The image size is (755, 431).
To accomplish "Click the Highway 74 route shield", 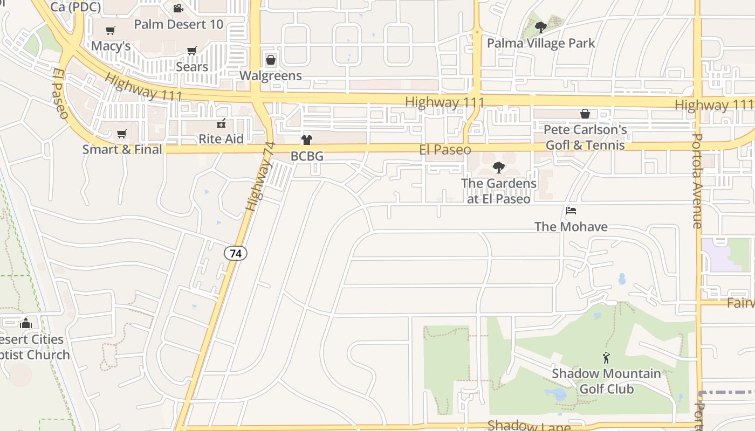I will pyautogui.click(x=236, y=253).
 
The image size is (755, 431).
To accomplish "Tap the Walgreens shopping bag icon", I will pyautogui.click(x=271, y=59).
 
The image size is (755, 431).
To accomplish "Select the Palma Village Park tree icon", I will pyautogui.click(x=540, y=27).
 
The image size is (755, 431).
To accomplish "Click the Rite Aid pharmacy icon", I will pyautogui.click(x=221, y=123).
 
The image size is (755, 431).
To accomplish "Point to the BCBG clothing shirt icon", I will pyautogui.click(x=307, y=140).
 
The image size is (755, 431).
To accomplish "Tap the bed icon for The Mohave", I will pyautogui.click(x=571, y=210).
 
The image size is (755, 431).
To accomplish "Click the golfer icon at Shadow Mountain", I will pyautogui.click(x=606, y=357).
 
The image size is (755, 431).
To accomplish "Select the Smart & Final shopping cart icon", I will pyautogui.click(x=122, y=134).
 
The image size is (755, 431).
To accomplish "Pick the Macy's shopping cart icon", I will pyautogui.click(x=111, y=30).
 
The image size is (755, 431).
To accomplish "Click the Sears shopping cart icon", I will pyautogui.click(x=191, y=51).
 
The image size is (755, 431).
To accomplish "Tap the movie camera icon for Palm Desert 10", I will pyautogui.click(x=178, y=8).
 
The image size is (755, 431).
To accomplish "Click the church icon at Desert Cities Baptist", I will pyautogui.click(x=25, y=323).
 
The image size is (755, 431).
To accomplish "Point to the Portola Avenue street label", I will pyautogui.click(x=697, y=181).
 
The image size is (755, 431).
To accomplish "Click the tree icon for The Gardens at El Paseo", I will pyautogui.click(x=499, y=168).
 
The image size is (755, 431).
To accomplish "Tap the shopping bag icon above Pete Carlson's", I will pyautogui.click(x=585, y=114).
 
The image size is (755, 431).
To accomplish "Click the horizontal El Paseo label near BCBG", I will pyautogui.click(x=445, y=150).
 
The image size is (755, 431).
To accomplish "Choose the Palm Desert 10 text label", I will pyautogui.click(x=179, y=24).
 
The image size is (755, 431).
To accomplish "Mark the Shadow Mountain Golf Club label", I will pyautogui.click(x=606, y=381).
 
